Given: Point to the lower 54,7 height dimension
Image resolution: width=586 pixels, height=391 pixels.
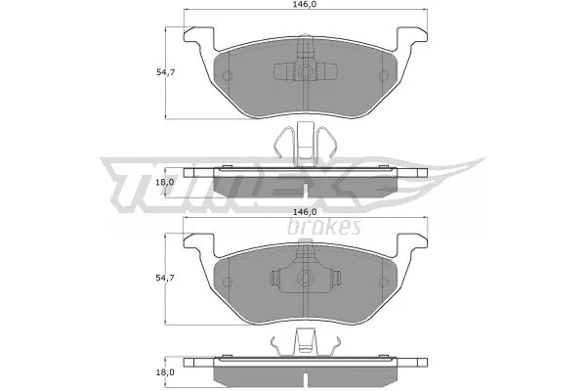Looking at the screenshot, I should (165, 280).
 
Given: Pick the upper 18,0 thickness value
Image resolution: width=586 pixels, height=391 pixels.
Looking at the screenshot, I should (165, 182).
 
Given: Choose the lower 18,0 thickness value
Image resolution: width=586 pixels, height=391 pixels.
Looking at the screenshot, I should (165, 372).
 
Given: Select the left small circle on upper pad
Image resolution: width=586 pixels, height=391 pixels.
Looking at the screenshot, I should (227, 76).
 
